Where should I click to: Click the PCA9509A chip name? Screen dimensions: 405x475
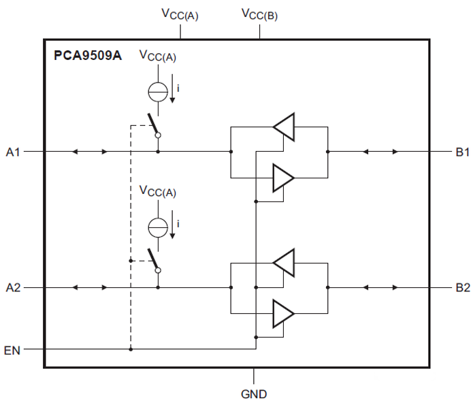tap(88, 56)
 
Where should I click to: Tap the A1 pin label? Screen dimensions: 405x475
tap(14, 152)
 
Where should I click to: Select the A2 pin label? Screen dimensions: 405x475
tap(14, 288)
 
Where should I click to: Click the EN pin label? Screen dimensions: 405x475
tap(12, 351)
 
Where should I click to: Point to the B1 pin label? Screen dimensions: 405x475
tap(463, 152)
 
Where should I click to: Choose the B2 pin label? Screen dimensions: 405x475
tap(463, 288)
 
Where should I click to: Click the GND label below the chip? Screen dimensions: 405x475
tap(254, 393)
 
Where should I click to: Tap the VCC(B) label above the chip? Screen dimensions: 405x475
tap(259, 14)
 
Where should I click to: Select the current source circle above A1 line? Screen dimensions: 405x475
tap(158, 91)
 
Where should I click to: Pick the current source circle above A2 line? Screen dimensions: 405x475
tap(158, 227)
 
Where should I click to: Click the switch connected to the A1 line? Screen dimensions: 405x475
tap(154, 127)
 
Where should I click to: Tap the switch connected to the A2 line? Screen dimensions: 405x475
tap(154, 262)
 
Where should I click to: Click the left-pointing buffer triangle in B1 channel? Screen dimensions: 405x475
tap(284, 126)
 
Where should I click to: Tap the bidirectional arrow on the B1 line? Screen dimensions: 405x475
tap(379, 152)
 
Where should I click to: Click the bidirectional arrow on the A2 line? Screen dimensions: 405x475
tap(90, 288)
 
